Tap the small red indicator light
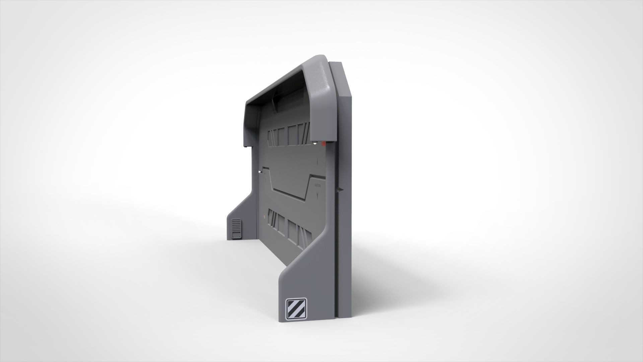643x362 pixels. pos(323,143)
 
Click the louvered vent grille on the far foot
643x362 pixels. pos(236,229)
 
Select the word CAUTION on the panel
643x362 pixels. pos(317,185)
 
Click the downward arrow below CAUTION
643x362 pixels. pos(317,194)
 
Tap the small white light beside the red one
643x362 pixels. pos(315,144)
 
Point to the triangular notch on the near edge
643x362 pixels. pos(341,190)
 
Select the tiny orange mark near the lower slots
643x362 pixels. pos(263,218)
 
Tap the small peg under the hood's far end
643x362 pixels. pos(246,146)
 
